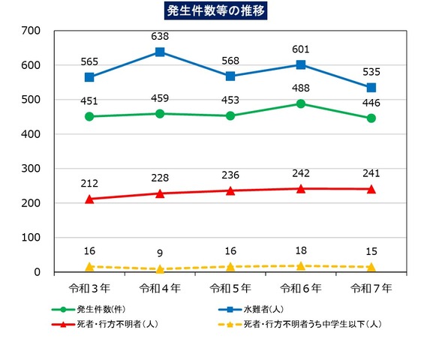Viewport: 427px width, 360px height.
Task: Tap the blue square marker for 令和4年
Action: [160, 52]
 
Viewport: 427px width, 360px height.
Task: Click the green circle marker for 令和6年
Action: [301, 103]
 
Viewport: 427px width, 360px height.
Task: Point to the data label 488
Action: [301, 87]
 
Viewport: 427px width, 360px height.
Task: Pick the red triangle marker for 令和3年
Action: [89, 199]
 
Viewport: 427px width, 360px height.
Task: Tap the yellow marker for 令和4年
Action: [160, 268]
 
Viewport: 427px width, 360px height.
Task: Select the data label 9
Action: [160, 252]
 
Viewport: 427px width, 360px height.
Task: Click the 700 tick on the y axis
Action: [31, 31]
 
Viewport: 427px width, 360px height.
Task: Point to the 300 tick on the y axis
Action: [31, 169]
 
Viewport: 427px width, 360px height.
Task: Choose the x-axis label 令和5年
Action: [230, 287]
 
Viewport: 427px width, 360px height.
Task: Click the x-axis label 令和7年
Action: [371, 287]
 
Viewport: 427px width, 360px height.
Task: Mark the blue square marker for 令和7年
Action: [371, 88]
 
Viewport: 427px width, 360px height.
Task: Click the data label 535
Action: [371, 71]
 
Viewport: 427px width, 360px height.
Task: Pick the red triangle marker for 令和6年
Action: [301, 188]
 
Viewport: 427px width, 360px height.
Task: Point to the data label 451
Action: [89, 99]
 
